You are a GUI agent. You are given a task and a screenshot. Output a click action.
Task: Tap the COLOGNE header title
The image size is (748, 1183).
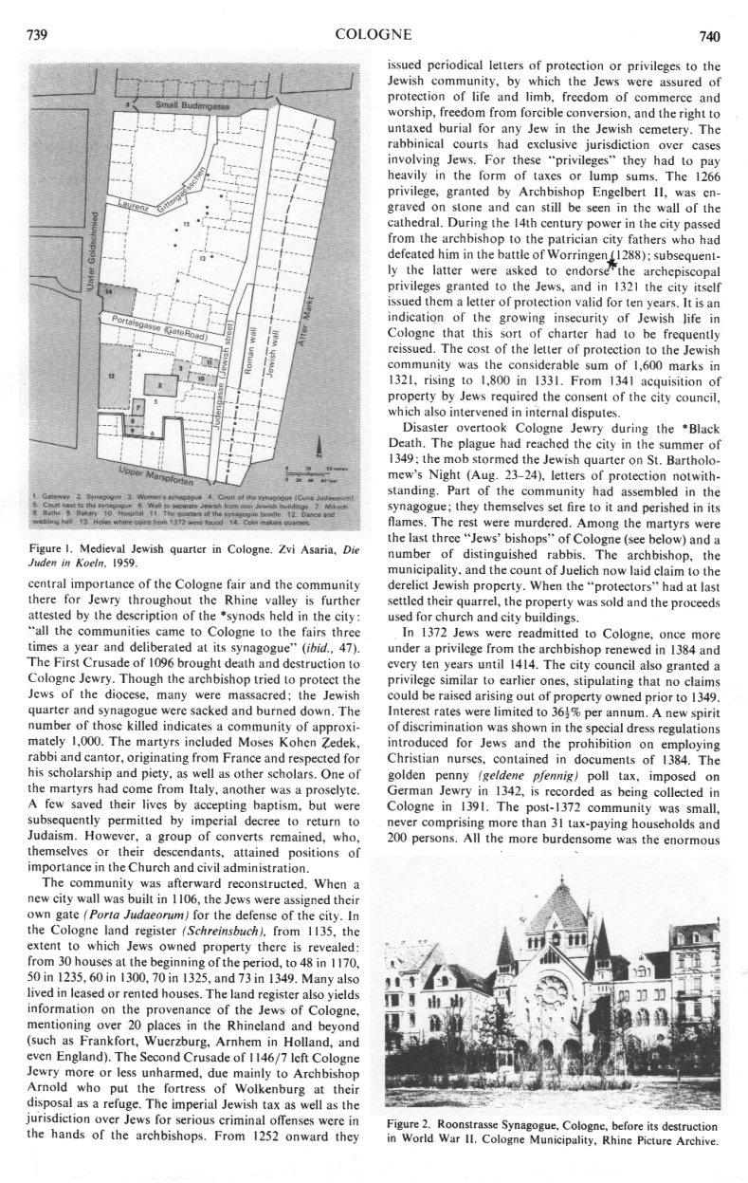[374, 36]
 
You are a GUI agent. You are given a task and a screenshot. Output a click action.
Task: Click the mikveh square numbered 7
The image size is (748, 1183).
[138, 410]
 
